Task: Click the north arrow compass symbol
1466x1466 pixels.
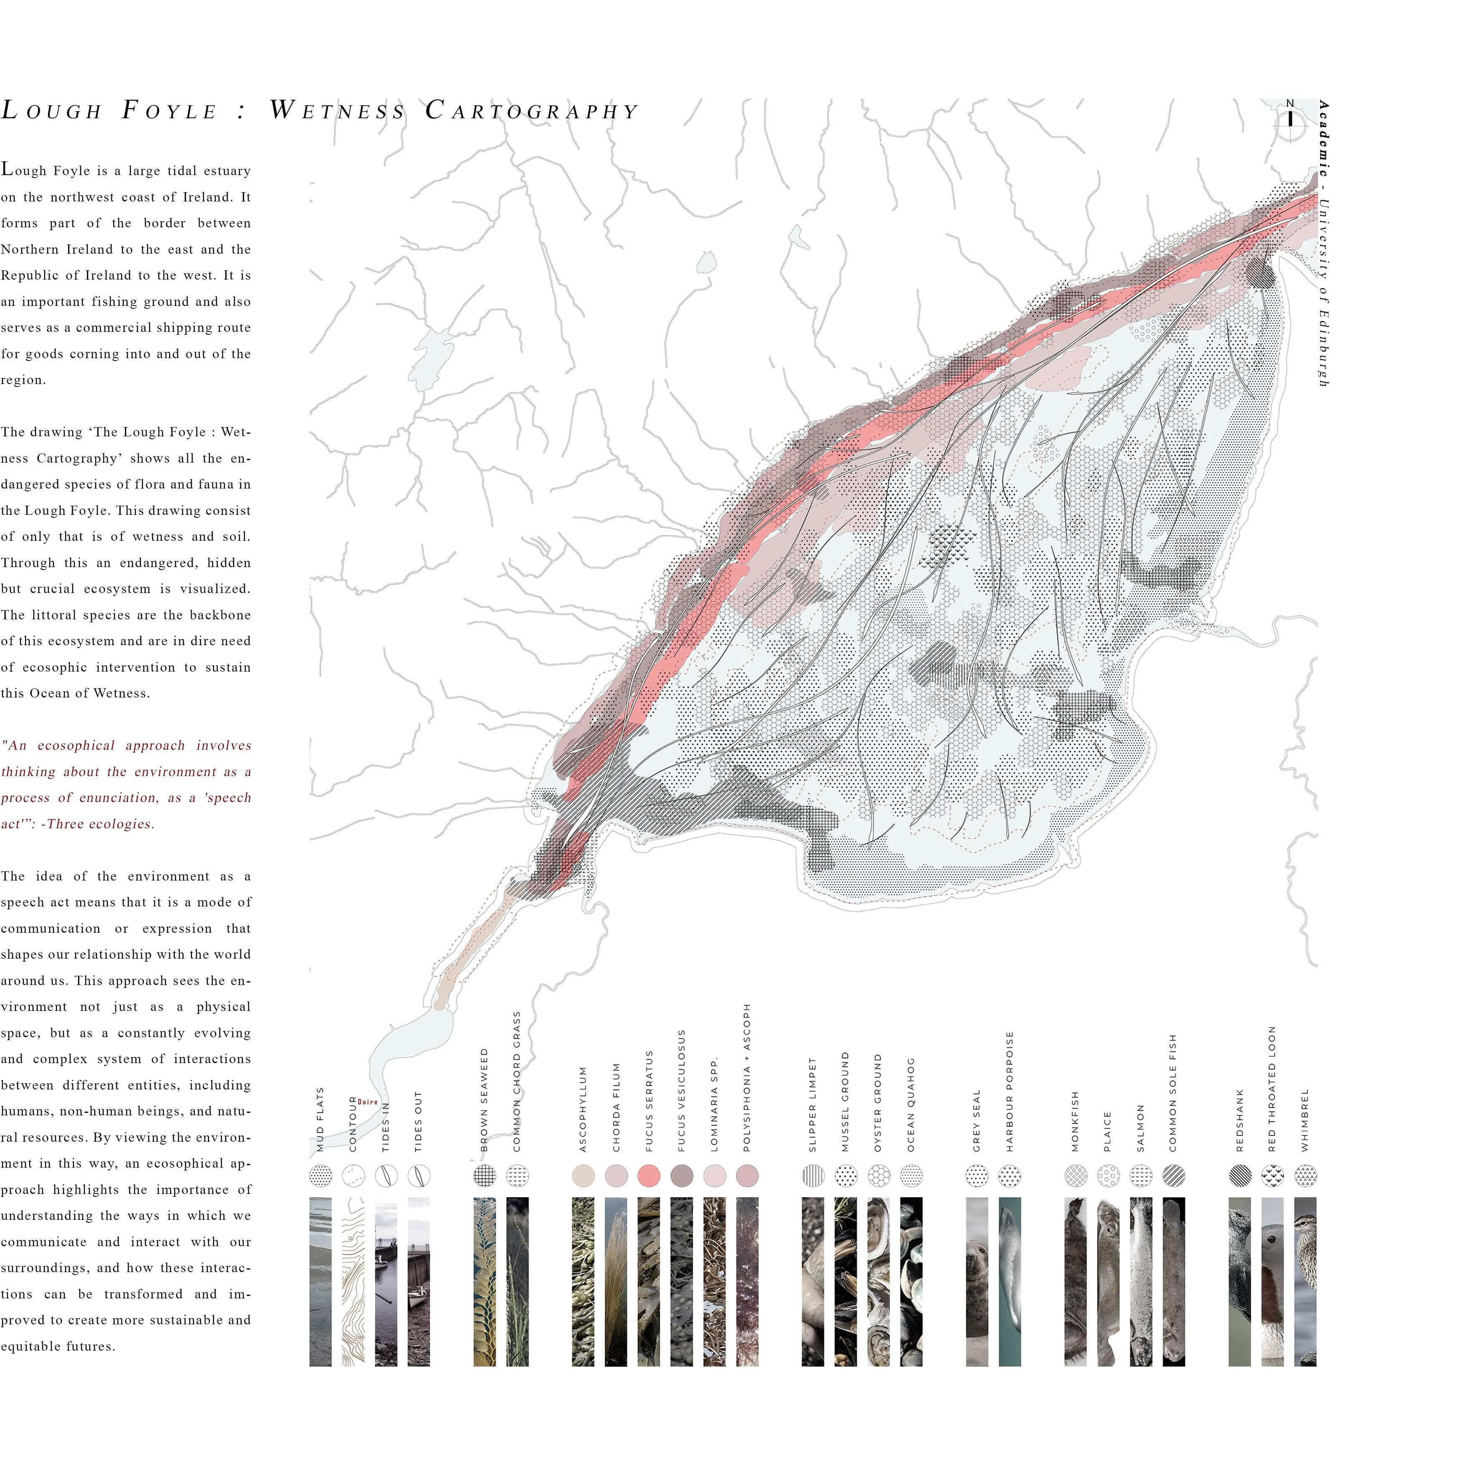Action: [x=1290, y=120]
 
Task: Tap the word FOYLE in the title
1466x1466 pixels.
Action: [x=170, y=111]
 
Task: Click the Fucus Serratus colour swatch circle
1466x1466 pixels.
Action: [x=649, y=1176]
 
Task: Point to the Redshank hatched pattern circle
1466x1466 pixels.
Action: [x=1240, y=1176]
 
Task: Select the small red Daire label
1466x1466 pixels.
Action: [x=367, y=1102]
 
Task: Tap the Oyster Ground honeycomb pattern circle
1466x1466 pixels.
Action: [x=879, y=1176]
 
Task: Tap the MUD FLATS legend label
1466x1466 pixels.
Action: [x=320, y=1119]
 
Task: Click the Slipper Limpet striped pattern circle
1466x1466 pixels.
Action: [x=813, y=1176]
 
